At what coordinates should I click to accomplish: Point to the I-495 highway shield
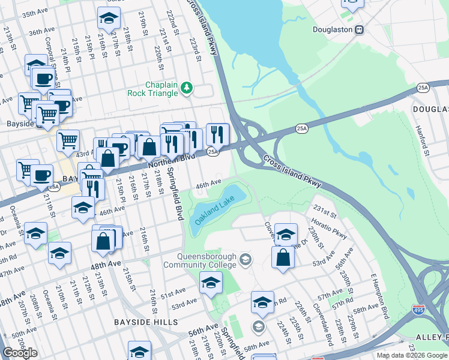(x=419, y=310)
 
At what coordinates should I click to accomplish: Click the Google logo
(x=19, y=353)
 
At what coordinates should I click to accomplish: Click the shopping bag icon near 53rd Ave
(x=283, y=257)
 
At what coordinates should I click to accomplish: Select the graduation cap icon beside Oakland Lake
(x=286, y=233)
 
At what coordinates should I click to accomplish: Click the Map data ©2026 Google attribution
(x=412, y=355)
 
